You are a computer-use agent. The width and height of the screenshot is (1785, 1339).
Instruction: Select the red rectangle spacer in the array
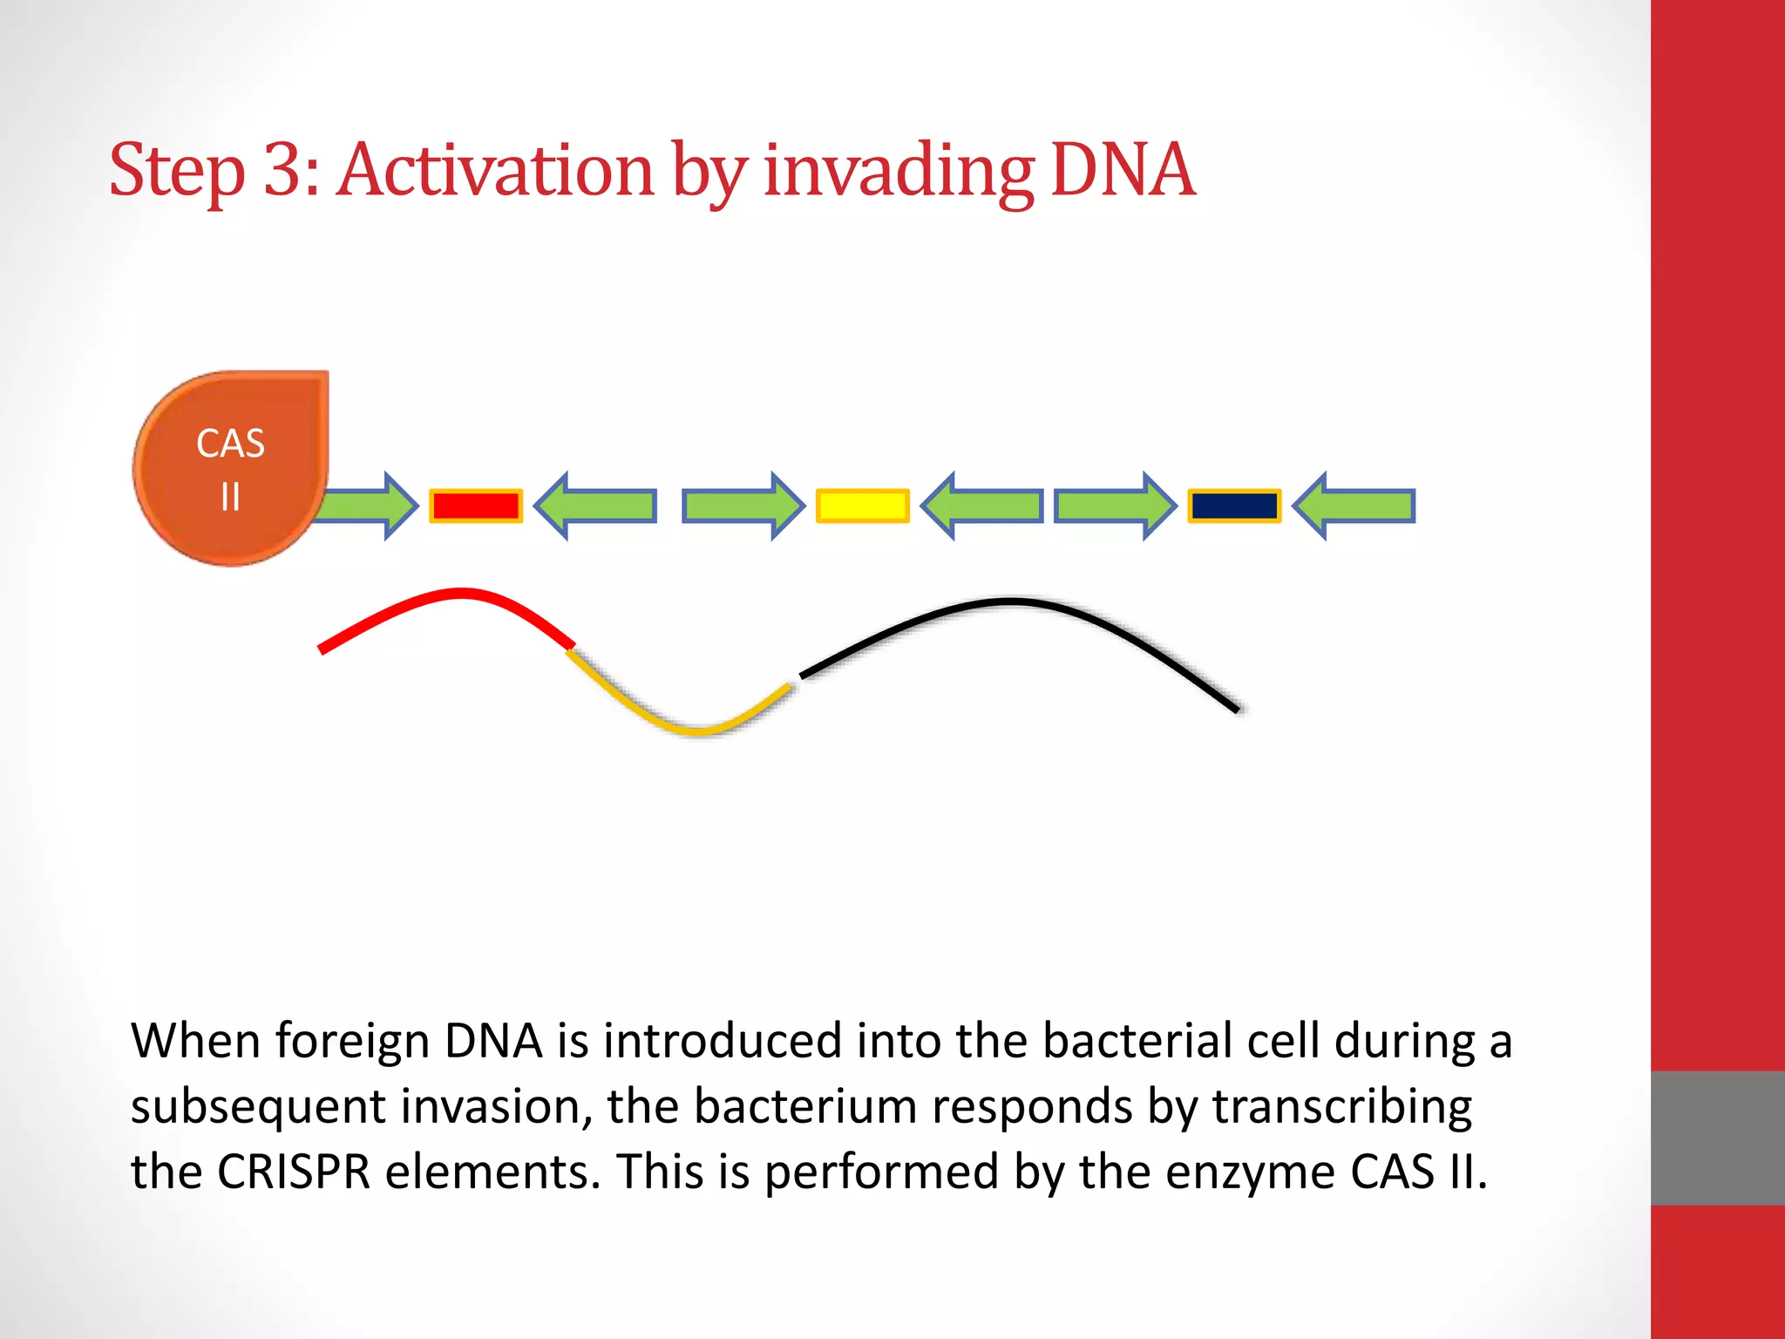476,506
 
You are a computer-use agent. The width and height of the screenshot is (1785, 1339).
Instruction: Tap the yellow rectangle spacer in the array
863,506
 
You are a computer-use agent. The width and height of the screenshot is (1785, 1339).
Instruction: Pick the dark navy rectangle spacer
1234,506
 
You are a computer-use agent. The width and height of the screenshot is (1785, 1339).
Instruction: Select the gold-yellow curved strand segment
689,726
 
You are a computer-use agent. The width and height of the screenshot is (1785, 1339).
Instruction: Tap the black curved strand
1011,602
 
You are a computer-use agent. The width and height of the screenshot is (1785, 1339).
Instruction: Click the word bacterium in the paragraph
805,1107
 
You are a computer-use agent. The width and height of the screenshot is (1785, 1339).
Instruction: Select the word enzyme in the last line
1250,1172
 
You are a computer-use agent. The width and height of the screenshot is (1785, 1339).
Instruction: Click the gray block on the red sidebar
1717,1138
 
